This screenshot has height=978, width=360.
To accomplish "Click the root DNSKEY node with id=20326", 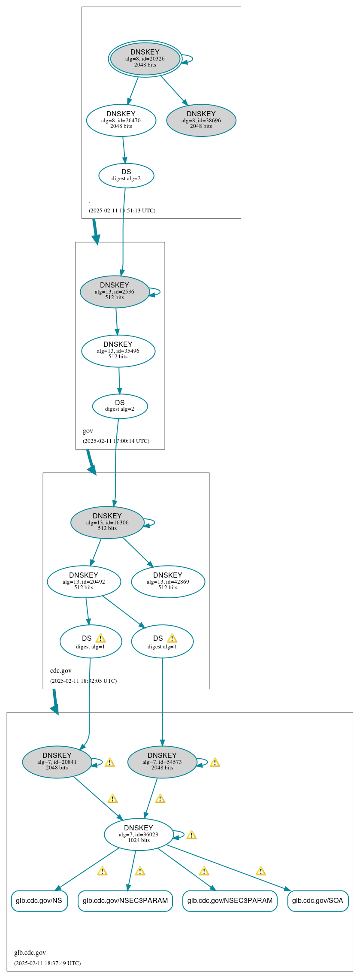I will click(145, 59).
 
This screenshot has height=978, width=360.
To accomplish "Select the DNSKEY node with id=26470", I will click(121, 120).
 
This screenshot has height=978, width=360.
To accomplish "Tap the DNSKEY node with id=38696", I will click(201, 120).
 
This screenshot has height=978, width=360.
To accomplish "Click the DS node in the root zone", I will click(126, 175).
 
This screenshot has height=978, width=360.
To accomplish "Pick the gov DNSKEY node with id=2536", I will click(115, 291).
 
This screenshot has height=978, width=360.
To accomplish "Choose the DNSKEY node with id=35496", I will click(118, 351).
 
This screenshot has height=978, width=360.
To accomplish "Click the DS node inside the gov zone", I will click(120, 406).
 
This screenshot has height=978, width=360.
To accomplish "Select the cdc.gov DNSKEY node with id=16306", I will click(107, 522).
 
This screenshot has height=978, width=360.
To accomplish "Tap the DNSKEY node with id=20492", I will click(84, 581).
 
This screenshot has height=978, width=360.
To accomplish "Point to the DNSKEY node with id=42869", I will click(168, 581).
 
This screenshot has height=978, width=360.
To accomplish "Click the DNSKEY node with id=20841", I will click(57, 762).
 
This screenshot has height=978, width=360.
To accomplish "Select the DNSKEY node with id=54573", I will click(162, 762).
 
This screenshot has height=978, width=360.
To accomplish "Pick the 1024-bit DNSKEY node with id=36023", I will click(139, 834).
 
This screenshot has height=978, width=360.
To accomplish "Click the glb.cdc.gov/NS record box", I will click(39, 900).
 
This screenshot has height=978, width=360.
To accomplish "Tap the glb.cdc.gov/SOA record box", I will click(318, 900).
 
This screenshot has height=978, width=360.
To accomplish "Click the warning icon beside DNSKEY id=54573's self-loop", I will click(215, 762).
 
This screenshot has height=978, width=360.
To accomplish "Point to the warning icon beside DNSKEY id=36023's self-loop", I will click(191, 835).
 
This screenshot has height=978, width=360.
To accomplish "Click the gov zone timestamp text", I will click(116, 441).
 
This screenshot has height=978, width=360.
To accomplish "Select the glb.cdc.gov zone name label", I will click(30, 952).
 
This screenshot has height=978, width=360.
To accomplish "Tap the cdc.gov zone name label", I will click(61, 670).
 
